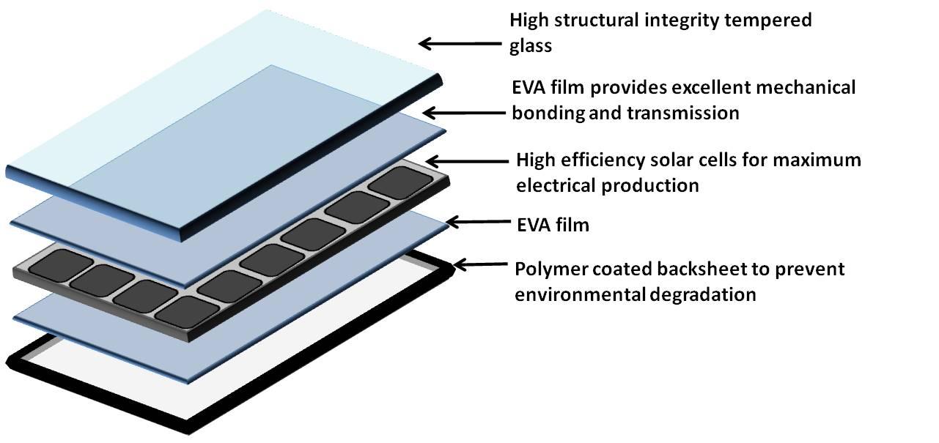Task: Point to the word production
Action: pyautogui.click(x=652, y=185)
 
